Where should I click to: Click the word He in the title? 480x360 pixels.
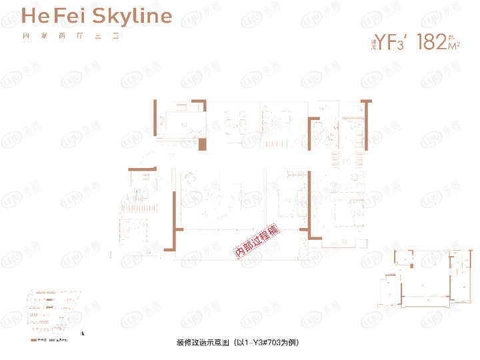(33, 16)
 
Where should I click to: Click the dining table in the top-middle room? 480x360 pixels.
(236, 123)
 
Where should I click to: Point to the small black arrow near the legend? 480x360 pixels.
(82, 332)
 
